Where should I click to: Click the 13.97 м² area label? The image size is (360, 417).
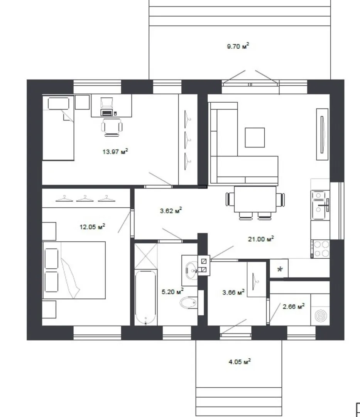115,152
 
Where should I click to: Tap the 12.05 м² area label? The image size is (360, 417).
93,227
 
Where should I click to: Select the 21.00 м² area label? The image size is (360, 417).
261,239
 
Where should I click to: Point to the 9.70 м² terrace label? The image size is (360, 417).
238,46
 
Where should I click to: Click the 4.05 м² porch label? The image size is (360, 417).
240,361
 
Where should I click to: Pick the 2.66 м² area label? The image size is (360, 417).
294,306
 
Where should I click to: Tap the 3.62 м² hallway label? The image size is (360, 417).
171,211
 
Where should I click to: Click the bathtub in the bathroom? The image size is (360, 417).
145,297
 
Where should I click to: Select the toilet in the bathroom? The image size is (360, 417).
189,302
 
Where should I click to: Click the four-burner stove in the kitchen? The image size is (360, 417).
321,249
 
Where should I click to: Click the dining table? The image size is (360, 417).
255,199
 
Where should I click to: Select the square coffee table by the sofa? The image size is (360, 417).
255,137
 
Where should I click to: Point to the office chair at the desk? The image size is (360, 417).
112,127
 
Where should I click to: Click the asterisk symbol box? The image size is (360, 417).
279,269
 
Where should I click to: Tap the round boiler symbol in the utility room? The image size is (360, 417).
320,316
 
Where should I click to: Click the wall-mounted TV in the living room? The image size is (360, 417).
322,134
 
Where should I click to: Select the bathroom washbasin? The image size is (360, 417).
191,270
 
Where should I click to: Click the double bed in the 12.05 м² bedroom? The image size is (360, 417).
74,270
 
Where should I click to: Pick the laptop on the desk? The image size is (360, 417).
107,113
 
